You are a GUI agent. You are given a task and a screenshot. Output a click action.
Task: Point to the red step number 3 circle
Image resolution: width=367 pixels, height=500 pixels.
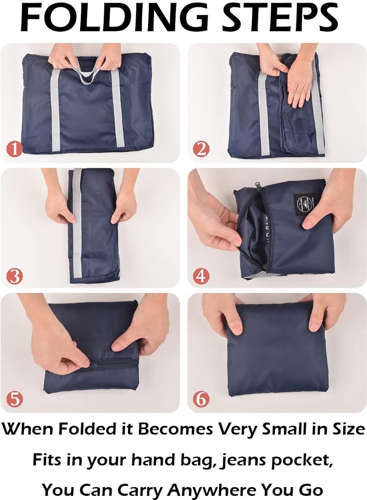click(x=14, y=276)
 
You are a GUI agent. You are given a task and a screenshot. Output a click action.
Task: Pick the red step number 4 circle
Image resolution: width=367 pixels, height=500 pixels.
click(x=201, y=276)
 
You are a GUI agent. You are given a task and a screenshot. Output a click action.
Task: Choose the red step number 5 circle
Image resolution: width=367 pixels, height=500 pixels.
click(x=15, y=399)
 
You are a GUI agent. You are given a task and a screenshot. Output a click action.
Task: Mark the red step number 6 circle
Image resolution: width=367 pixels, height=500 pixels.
click(x=201, y=399)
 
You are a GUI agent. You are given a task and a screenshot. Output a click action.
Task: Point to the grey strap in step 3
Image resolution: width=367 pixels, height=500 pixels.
click(x=77, y=223)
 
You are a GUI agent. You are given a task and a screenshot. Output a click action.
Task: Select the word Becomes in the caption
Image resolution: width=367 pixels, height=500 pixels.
click(x=175, y=429)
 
